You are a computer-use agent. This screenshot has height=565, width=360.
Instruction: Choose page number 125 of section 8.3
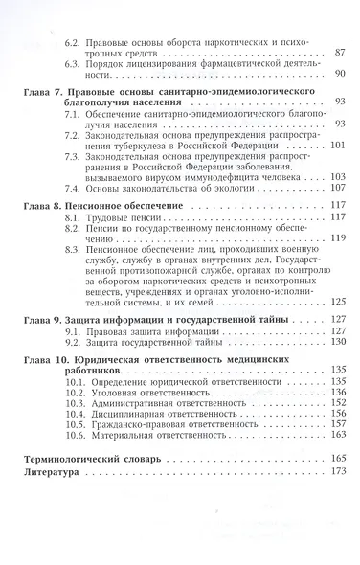pos(338,299)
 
